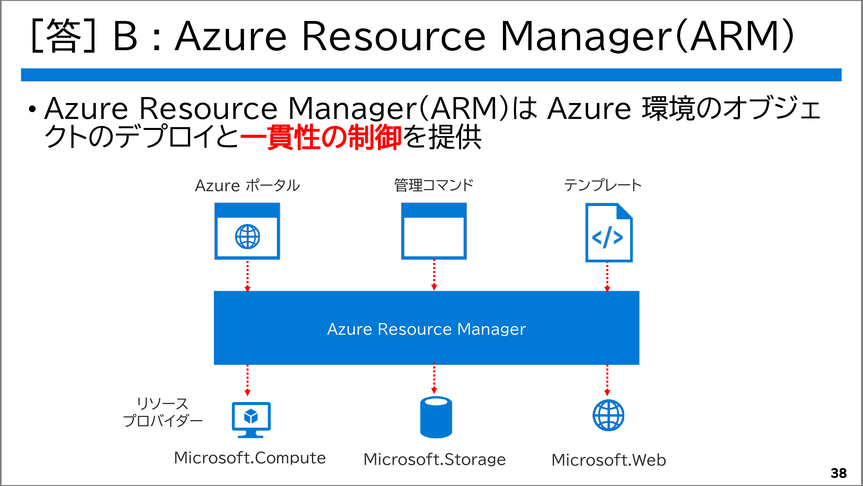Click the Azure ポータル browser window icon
point(247,231)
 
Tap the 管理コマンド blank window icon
point(434,231)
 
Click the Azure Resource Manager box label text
point(426,329)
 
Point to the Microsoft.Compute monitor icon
point(251,419)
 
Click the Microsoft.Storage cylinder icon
point(436,417)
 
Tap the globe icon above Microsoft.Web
point(608,415)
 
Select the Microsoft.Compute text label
point(250,458)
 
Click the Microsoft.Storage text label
point(435,459)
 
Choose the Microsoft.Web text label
point(608,460)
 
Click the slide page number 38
point(838,473)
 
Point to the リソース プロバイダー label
point(163,412)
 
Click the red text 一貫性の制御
point(321,137)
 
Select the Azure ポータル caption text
point(247,185)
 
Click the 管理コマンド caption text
point(434,185)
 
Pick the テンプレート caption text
point(603,185)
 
